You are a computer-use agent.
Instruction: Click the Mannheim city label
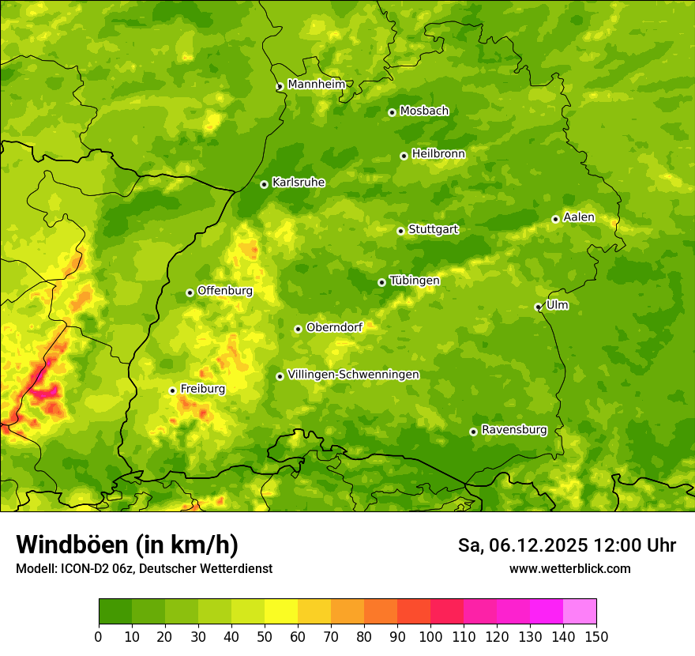[316, 85]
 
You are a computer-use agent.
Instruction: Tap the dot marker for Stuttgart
[400, 231]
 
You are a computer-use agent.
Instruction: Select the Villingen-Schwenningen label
[353, 375]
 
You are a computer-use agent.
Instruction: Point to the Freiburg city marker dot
[172, 390]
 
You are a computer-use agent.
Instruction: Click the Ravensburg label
[513, 430]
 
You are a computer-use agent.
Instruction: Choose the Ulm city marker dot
[538, 307]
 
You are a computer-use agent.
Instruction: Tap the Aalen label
[579, 217]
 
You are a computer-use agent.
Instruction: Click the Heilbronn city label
[438, 154]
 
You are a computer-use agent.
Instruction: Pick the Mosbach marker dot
[392, 112]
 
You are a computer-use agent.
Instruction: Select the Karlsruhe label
[299, 183]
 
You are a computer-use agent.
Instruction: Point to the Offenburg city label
[225, 291]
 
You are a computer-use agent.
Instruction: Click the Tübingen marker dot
[381, 282]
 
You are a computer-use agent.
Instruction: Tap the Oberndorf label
[334, 327]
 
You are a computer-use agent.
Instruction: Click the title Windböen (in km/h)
[126, 545]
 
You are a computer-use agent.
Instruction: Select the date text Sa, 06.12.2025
[522, 545]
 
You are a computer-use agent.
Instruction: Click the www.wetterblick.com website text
[569, 568]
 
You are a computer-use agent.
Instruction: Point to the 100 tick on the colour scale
[430, 635]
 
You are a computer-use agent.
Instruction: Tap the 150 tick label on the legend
[596, 635]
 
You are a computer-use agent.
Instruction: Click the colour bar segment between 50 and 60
[281, 611]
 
